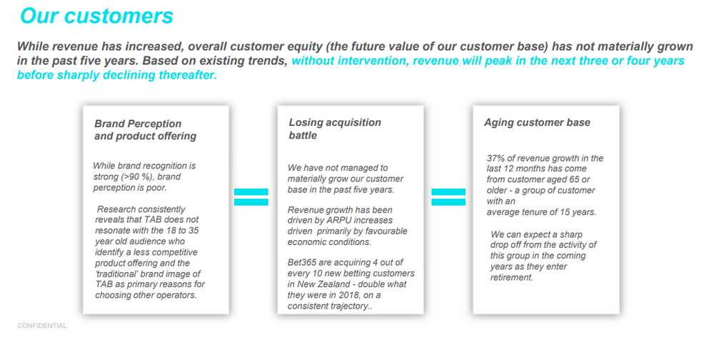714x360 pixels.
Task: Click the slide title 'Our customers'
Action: click(96, 16)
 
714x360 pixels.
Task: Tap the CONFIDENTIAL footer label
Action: click(42, 326)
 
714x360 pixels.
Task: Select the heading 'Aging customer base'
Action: click(537, 123)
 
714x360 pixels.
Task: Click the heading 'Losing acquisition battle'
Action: click(335, 129)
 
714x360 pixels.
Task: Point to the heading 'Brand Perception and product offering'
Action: click(145, 130)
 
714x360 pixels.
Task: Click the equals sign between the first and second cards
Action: click(251, 197)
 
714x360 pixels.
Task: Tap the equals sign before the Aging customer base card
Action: click(448, 197)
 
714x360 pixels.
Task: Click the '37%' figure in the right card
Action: click(496, 158)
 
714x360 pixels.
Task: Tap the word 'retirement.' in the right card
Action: click(511, 278)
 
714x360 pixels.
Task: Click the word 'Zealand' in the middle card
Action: click(338, 284)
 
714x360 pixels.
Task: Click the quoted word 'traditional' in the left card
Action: click(116, 274)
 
